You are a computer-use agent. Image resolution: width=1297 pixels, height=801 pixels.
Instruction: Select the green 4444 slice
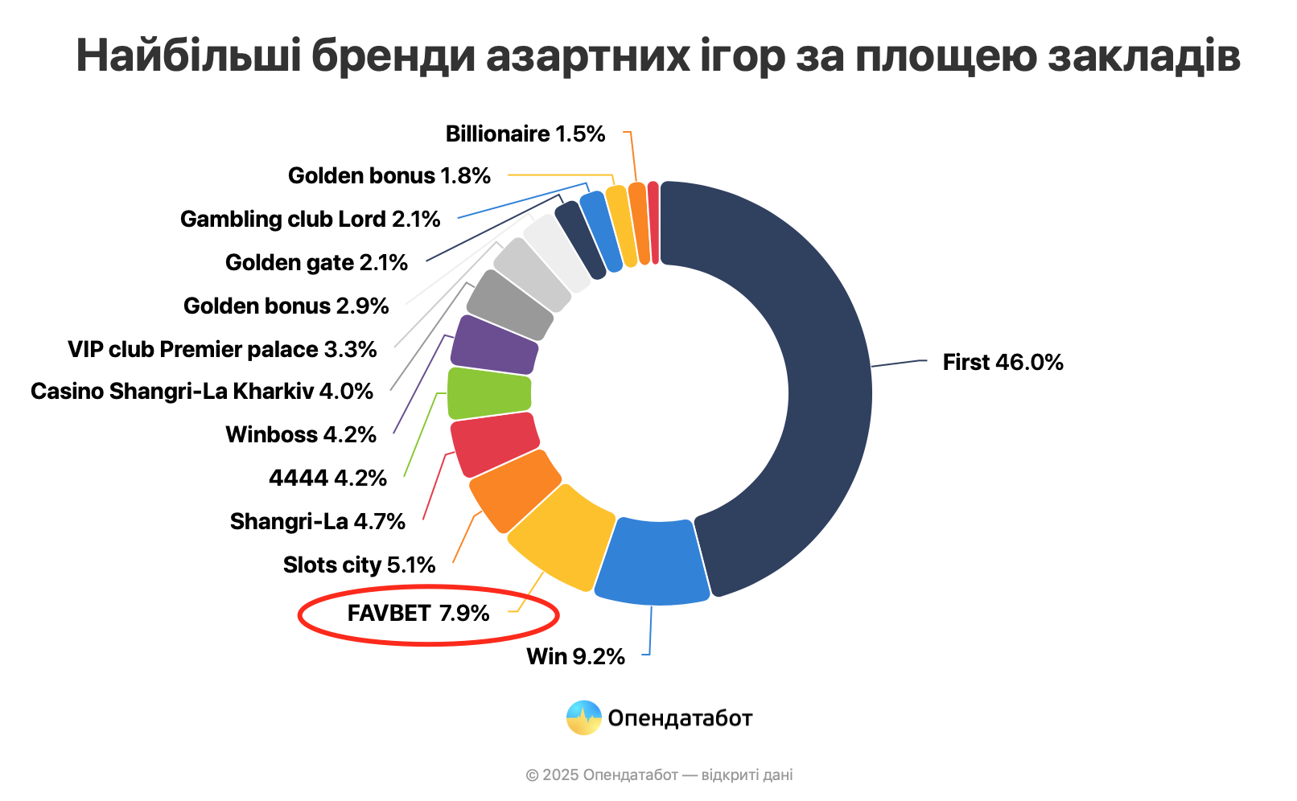pos(488,393)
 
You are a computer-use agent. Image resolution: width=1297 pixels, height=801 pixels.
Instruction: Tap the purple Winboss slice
pos(494,345)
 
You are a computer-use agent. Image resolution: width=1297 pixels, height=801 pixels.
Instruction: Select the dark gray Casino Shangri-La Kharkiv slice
pos(510,305)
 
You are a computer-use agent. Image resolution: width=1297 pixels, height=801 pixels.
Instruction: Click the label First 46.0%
pos(1003,363)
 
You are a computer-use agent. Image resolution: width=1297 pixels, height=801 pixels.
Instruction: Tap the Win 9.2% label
pos(575,657)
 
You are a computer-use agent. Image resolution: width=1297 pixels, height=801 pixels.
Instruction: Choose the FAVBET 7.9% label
pos(418,614)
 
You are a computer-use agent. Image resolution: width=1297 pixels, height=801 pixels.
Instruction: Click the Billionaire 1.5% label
pos(525,134)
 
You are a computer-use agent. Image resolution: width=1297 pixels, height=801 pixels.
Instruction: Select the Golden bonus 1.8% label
pos(389,176)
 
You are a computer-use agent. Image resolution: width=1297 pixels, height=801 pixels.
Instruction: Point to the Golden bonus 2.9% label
pos(286,306)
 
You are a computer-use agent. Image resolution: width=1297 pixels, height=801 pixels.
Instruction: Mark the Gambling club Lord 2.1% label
pos(310,220)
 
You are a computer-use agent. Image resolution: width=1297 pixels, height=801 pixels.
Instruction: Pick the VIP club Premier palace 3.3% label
pos(222,350)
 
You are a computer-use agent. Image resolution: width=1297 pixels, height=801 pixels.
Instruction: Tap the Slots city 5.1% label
pos(359,565)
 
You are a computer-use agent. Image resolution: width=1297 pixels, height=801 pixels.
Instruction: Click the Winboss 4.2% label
pos(301,435)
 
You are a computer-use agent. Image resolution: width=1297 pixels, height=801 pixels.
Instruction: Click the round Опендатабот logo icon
pos(583,718)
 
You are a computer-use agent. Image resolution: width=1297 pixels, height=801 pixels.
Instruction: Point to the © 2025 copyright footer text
pos(659,775)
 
